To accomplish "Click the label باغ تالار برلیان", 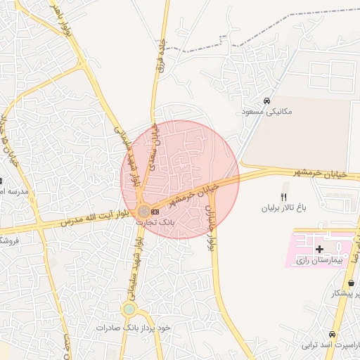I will click(285, 208).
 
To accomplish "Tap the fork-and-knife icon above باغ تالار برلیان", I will click(284, 197).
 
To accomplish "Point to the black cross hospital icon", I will click(320, 249).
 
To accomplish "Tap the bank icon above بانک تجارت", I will click(155, 212).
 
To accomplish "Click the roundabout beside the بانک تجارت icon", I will click(143, 211).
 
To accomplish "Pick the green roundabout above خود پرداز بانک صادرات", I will click(129, 309).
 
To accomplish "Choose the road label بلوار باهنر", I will click(59, 18).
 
